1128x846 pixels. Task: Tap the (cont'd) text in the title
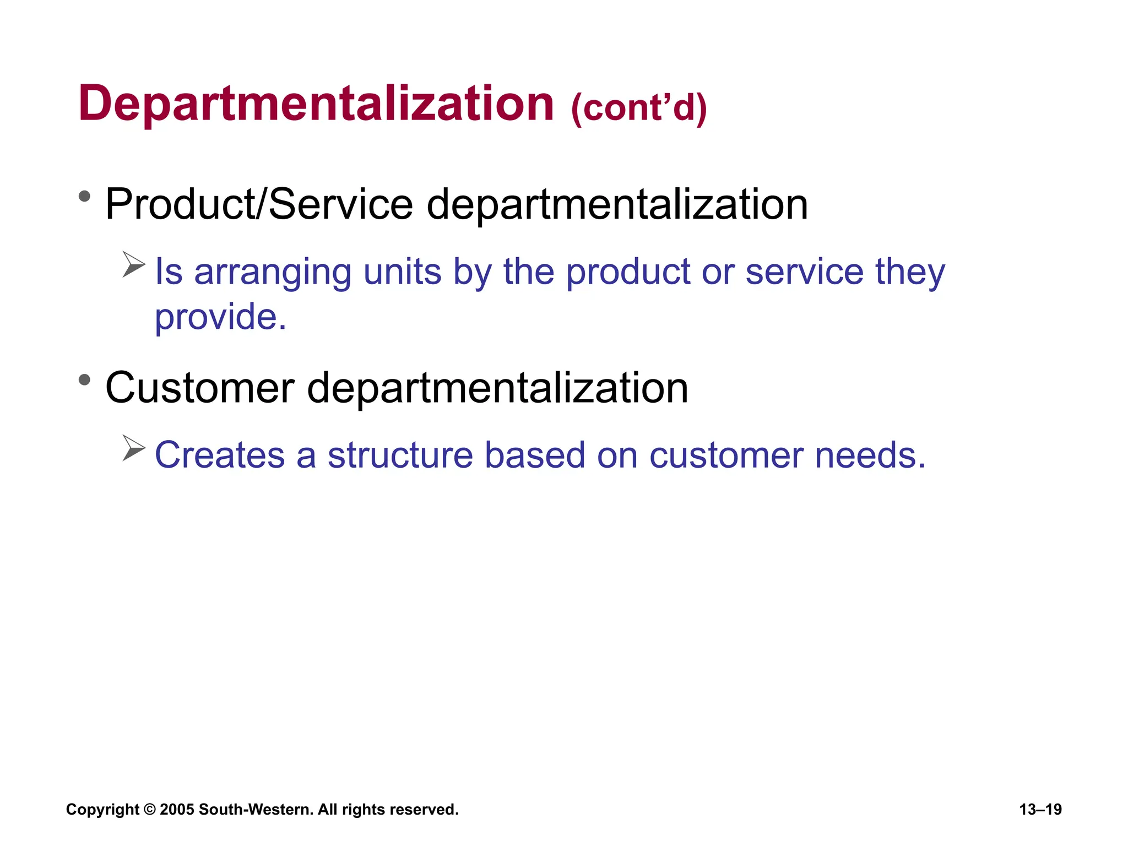[x=639, y=108]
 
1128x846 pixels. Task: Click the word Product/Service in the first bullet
[x=259, y=204]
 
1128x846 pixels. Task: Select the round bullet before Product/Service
[x=84, y=196]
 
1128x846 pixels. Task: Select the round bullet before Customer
[x=84, y=379]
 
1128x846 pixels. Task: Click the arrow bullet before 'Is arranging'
[x=133, y=264]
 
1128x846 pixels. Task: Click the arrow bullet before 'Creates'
[x=133, y=448]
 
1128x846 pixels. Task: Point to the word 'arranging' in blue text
[x=273, y=273]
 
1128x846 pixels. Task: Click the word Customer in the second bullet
[x=200, y=388]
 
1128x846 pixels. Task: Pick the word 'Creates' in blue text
[x=220, y=455]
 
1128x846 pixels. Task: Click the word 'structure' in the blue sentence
[x=400, y=455]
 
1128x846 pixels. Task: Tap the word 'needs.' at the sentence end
[x=870, y=455]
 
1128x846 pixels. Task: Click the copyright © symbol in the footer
[x=149, y=810]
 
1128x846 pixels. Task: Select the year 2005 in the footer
[x=177, y=810]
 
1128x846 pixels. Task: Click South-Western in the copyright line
[x=256, y=810]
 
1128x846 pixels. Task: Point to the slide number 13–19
[x=1040, y=810]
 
